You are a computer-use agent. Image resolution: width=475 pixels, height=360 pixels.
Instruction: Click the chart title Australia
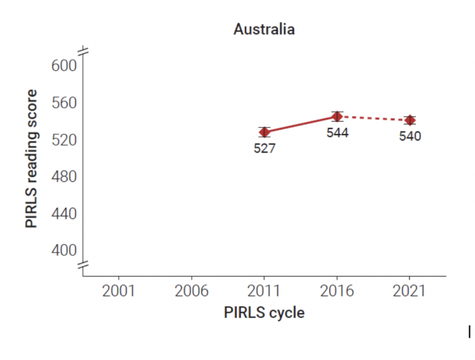coord(264,29)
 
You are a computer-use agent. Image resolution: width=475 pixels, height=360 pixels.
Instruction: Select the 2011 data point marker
coord(265,132)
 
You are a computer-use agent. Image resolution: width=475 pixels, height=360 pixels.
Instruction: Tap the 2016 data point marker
coord(337,116)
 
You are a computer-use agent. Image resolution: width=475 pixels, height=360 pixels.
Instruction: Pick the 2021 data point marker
coord(410,120)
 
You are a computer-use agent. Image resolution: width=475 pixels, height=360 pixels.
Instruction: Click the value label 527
coord(265,149)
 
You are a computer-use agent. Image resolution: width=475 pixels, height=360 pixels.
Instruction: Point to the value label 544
coord(337,133)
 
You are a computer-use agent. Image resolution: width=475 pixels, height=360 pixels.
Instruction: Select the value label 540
coord(410,137)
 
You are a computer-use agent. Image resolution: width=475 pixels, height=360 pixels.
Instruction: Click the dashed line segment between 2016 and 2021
coord(373,118)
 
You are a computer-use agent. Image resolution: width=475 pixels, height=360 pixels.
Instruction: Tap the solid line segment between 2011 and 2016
coord(301,124)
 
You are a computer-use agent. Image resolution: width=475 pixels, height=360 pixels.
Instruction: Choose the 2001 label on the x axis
coord(119,292)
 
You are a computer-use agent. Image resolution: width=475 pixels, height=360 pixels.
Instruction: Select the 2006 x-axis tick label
coord(192,292)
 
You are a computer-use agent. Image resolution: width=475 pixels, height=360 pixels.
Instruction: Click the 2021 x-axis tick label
coord(410,292)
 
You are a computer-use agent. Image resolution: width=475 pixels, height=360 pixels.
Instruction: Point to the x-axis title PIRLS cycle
coord(264,313)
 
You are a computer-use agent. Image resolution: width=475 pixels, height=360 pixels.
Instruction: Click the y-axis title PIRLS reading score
coord(32,159)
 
